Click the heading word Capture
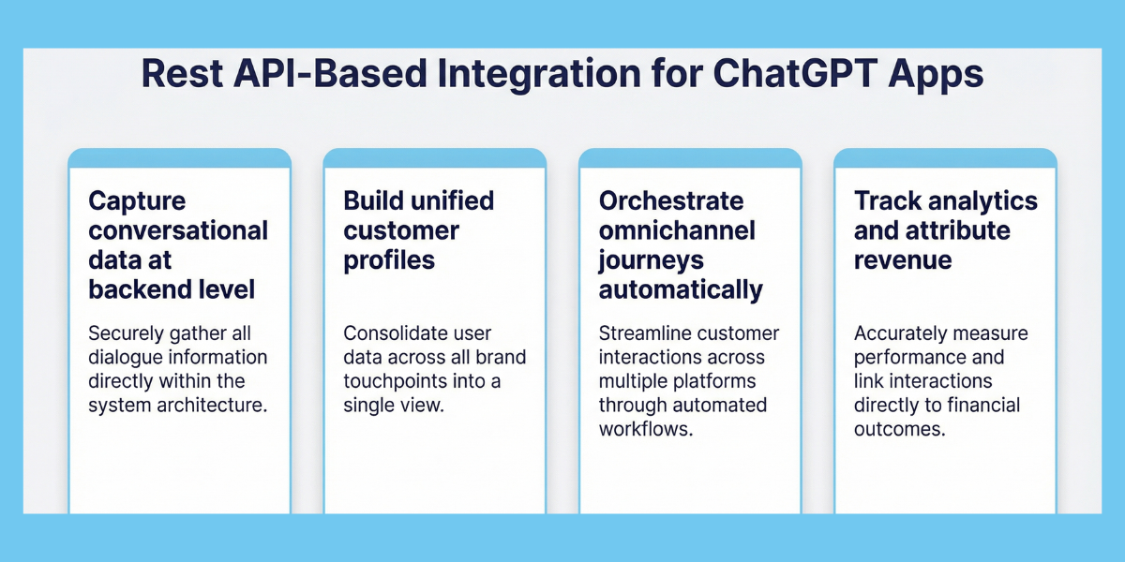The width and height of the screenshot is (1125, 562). pos(137,201)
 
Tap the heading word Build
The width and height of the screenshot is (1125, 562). pos(373,201)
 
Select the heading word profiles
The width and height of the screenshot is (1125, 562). pos(389,260)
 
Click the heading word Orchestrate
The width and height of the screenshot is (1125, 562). pos(671,201)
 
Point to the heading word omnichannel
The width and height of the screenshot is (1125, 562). pos(677,230)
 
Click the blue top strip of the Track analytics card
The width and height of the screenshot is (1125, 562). pos(945,158)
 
